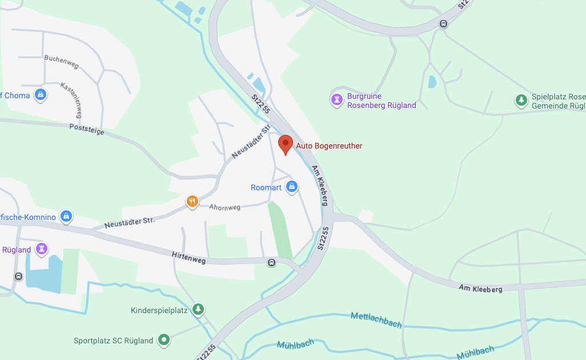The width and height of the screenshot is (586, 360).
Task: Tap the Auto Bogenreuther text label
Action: pyautogui.click(x=329, y=146)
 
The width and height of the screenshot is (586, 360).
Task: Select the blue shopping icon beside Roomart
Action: pyautogui.click(x=292, y=187)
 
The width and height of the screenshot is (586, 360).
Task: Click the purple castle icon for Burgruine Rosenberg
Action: pyautogui.click(x=338, y=100)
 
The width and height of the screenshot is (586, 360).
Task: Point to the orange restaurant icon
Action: pyautogui.click(x=192, y=201)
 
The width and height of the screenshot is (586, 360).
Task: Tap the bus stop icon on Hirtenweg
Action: pyautogui.click(x=271, y=263)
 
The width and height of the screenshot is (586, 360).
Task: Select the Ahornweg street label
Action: pyautogui.click(x=224, y=208)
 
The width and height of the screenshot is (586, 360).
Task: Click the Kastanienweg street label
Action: pyautogui.click(x=71, y=100)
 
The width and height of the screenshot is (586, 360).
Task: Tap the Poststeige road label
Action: pyautogui.click(x=87, y=129)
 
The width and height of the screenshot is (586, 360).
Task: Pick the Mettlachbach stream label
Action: pyautogui.click(x=376, y=320)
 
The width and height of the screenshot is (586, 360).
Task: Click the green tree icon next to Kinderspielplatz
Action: pyautogui.click(x=198, y=310)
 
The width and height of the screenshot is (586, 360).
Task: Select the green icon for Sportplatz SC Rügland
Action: pyautogui.click(x=164, y=340)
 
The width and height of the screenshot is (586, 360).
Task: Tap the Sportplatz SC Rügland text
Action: pyautogui.click(x=113, y=341)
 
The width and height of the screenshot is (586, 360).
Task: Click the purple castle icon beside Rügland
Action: pyautogui.click(x=41, y=249)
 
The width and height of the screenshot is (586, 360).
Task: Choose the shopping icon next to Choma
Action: pyautogui.click(x=41, y=95)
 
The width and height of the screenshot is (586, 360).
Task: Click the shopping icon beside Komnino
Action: pyautogui.click(x=66, y=217)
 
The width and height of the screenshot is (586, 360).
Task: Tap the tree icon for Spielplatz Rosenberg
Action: pyautogui.click(x=521, y=101)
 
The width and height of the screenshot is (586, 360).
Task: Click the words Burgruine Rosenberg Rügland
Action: pyautogui.click(x=382, y=101)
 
